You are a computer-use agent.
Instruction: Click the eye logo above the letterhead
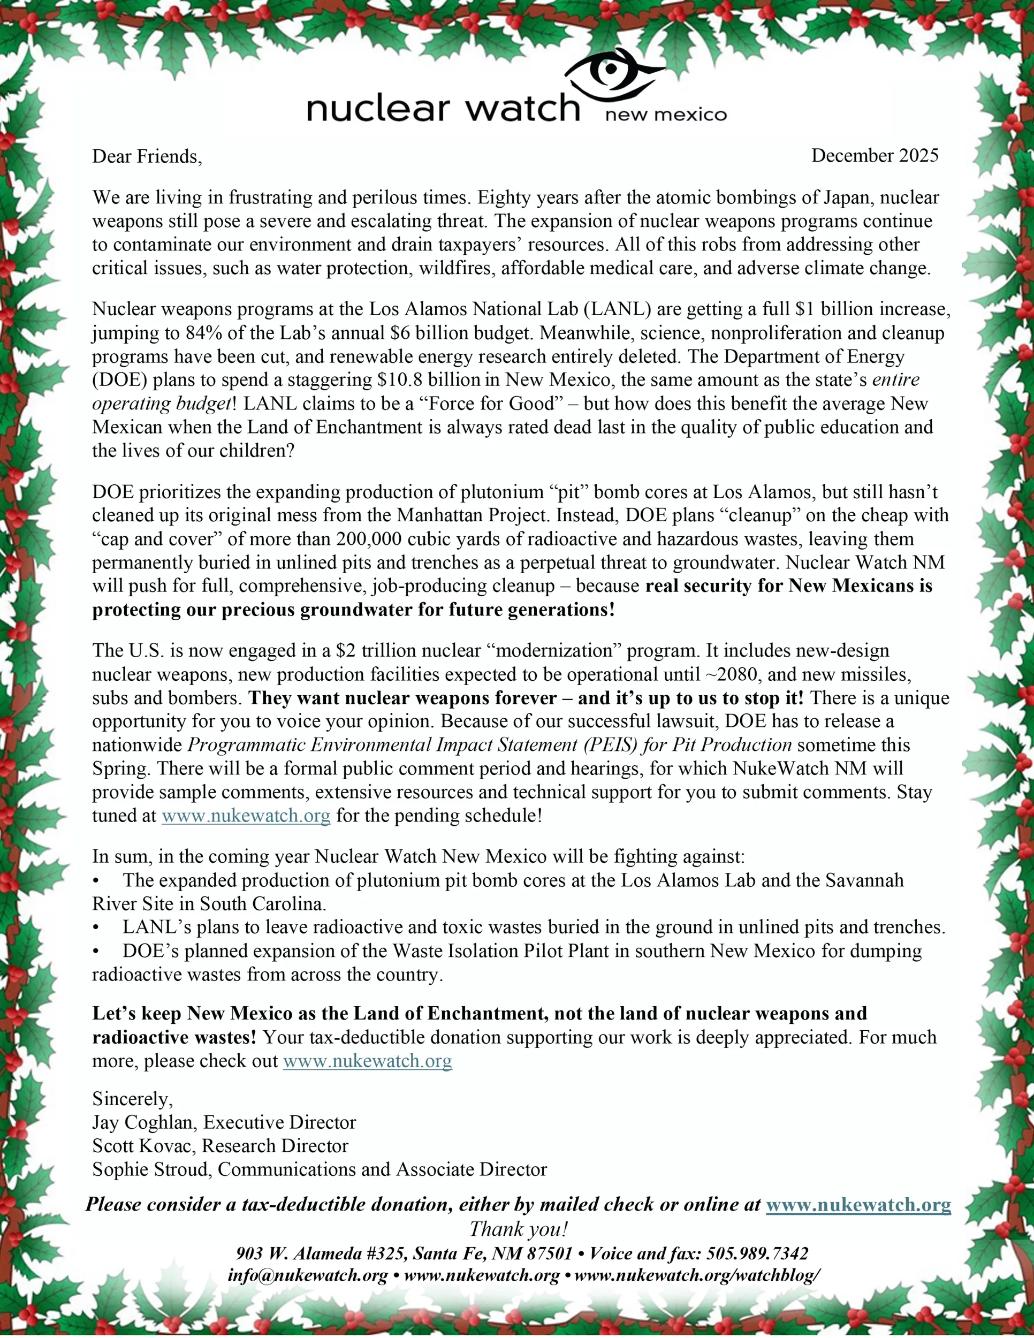point(613,76)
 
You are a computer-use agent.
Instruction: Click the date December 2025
point(875,156)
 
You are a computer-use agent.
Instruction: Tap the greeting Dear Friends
point(147,157)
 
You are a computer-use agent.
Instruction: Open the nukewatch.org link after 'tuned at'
point(246,816)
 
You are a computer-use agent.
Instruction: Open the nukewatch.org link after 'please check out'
point(368,1061)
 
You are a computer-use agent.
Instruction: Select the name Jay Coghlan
point(145,1122)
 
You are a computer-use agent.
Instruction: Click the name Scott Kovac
point(143,1146)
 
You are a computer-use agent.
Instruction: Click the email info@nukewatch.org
point(308,1276)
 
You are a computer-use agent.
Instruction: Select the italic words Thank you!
point(518,1229)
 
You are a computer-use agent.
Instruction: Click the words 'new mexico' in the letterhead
point(666,115)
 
